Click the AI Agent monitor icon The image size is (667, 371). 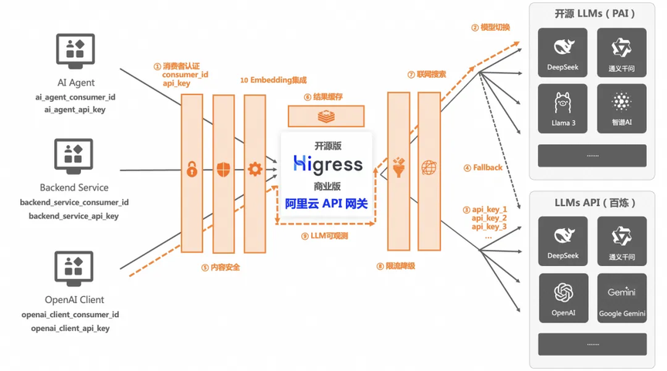click(75, 52)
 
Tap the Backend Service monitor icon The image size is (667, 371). click(74, 157)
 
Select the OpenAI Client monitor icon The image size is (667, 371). click(74, 269)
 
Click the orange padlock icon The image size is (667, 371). click(191, 170)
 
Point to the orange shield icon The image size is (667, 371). click(223, 170)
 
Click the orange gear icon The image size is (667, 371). click(255, 170)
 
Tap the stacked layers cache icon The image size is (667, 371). click(326, 116)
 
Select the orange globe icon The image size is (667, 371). click(428, 167)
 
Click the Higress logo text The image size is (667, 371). click(327, 164)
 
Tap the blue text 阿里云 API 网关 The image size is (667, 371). click(326, 204)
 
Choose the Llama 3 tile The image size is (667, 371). click(563, 109)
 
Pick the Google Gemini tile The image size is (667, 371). click(621, 298)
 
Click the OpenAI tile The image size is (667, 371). click(563, 298)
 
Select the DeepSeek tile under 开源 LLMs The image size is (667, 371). click(563, 52)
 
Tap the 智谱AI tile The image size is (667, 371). click(621, 109)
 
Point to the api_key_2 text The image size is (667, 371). click(489, 218)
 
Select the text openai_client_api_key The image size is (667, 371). click(70, 329)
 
